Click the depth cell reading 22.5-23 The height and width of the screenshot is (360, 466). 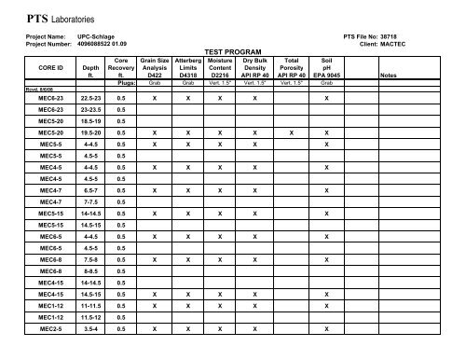point(90,97)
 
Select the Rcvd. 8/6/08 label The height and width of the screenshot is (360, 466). point(18,88)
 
